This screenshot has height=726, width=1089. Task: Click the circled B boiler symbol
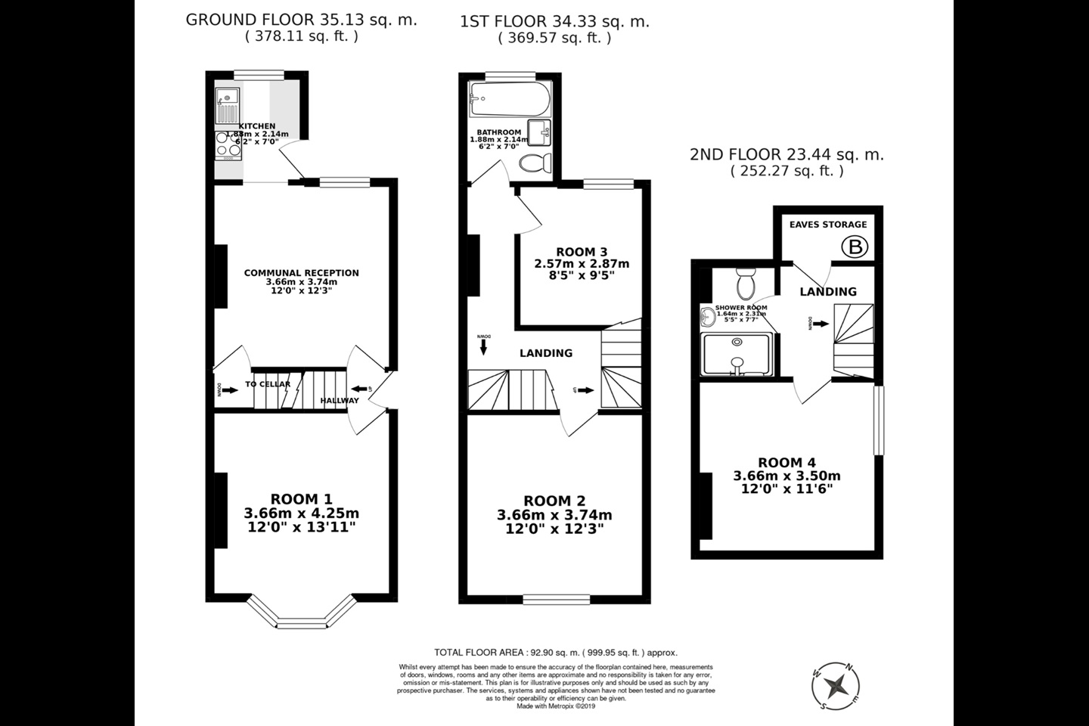pos(855,247)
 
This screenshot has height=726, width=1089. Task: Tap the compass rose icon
pos(837,687)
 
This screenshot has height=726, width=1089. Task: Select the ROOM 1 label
pos(301,499)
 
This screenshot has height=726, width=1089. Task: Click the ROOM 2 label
pos(554,501)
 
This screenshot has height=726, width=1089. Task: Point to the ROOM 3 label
pos(582,252)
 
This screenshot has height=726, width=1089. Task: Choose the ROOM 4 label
pos(786,463)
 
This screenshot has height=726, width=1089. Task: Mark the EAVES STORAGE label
pos(828,225)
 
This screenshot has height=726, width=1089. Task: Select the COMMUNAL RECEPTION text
pos(301,273)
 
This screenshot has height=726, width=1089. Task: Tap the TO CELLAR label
pos(268,384)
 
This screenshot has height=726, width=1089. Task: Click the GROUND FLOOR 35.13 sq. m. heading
pos(301,20)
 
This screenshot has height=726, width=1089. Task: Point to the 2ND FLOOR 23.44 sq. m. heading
pos(786,155)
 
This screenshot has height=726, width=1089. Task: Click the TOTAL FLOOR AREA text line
pos(556,652)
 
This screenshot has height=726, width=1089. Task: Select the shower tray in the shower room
pos(736,354)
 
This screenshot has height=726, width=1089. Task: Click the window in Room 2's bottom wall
pos(556,600)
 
